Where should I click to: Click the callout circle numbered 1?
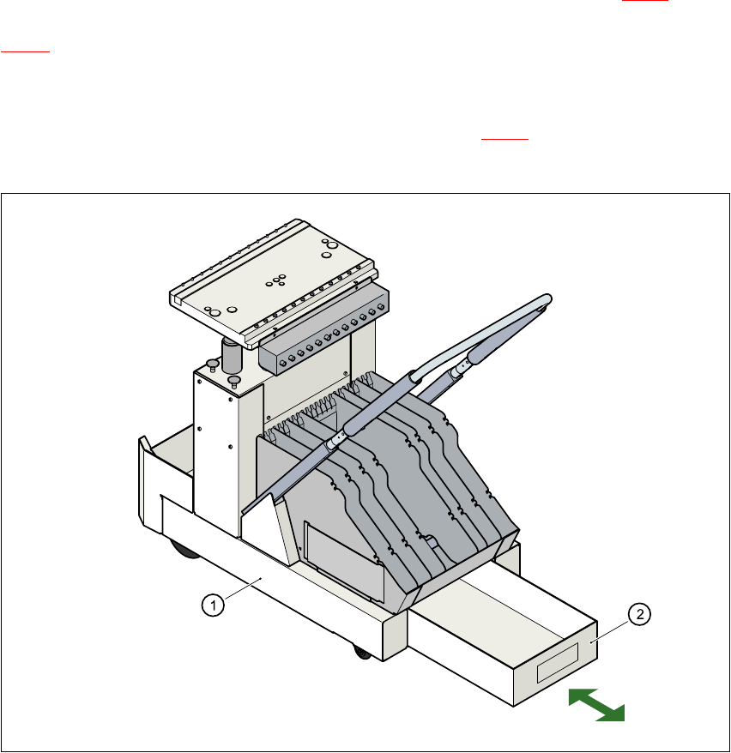tap(213, 605)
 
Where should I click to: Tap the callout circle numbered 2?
tap(640, 614)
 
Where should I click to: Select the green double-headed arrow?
tap(596, 705)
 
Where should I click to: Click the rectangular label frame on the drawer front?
tap(557, 663)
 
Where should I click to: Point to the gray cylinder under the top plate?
tap(232, 355)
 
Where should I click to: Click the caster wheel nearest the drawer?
tap(363, 652)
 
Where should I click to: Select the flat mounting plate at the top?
tap(273, 282)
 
